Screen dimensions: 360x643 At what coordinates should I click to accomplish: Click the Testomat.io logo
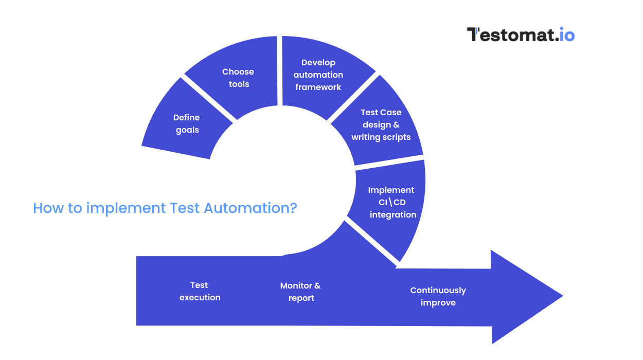click(521, 34)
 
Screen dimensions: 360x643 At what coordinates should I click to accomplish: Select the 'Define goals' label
click(187, 124)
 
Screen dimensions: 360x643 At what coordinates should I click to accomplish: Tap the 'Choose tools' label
click(239, 78)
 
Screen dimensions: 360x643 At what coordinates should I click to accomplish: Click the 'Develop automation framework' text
click(318, 75)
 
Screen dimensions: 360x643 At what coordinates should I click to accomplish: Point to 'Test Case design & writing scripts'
click(381, 124)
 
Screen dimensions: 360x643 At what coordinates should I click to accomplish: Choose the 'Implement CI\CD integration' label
click(392, 202)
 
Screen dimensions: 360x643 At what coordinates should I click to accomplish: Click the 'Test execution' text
click(200, 291)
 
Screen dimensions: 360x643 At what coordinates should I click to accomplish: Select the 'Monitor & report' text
click(300, 292)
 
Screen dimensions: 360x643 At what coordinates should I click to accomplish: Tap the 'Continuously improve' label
click(438, 296)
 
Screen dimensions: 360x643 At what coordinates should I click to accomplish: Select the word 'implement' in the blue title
click(126, 209)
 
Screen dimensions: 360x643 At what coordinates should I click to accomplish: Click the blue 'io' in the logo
click(566, 35)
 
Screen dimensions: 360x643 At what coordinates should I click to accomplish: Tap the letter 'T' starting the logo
click(473, 34)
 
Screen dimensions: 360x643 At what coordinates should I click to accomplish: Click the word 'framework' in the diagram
click(318, 87)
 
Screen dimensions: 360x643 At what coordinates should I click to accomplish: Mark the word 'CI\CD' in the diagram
click(392, 202)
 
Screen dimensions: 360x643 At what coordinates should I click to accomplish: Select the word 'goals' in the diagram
click(187, 130)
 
